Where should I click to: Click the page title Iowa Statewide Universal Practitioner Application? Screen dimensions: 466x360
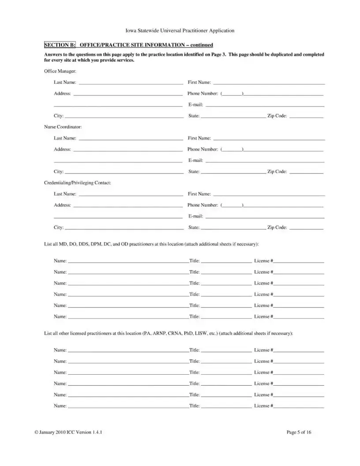coord(180,31)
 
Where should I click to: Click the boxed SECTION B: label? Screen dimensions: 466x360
coord(60,45)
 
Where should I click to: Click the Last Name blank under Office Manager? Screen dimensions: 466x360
coord(130,83)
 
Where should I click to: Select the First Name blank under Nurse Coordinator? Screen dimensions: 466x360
coord(269,139)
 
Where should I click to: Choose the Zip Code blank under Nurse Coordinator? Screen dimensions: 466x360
coord(306,172)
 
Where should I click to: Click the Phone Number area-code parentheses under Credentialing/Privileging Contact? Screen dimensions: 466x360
coord(232,206)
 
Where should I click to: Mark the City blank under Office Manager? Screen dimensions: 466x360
coord(124,116)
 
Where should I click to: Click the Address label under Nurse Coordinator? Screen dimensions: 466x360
coord(62,150)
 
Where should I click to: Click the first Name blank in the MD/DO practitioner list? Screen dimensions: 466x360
coord(128,261)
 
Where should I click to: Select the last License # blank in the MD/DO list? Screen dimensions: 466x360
coord(299,317)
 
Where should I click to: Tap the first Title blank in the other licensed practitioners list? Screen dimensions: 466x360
coord(226,350)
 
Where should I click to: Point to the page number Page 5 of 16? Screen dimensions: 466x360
coord(299,432)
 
